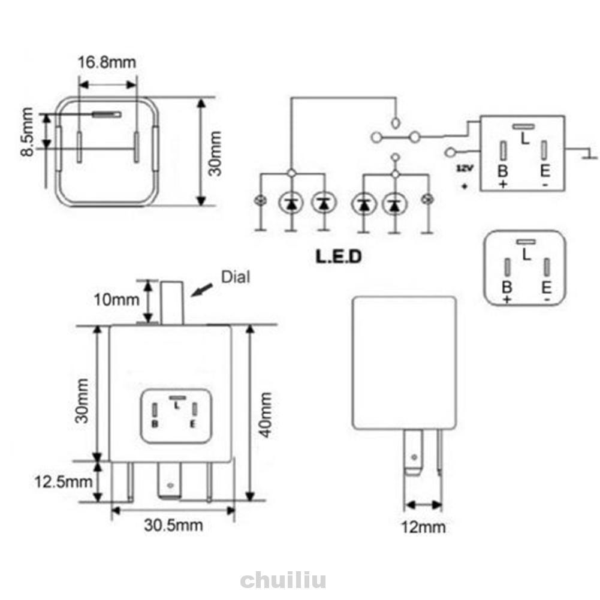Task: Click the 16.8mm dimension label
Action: (107, 62)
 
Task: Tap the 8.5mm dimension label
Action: (27, 132)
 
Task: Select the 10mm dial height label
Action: (117, 300)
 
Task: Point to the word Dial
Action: (236, 277)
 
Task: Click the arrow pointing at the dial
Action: (202, 290)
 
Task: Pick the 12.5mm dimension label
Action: (63, 482)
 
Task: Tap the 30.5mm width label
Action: (173, 526)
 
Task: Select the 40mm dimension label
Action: (265, 415)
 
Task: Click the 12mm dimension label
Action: (423, 527)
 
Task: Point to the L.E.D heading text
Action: (339, 257)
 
